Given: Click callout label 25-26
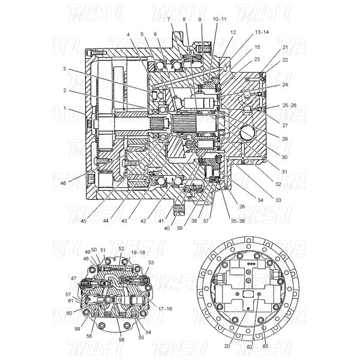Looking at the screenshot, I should [x=290, y=106].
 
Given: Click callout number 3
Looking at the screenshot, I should [x=65, y=70].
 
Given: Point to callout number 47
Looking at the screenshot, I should [x=73, y=279].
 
